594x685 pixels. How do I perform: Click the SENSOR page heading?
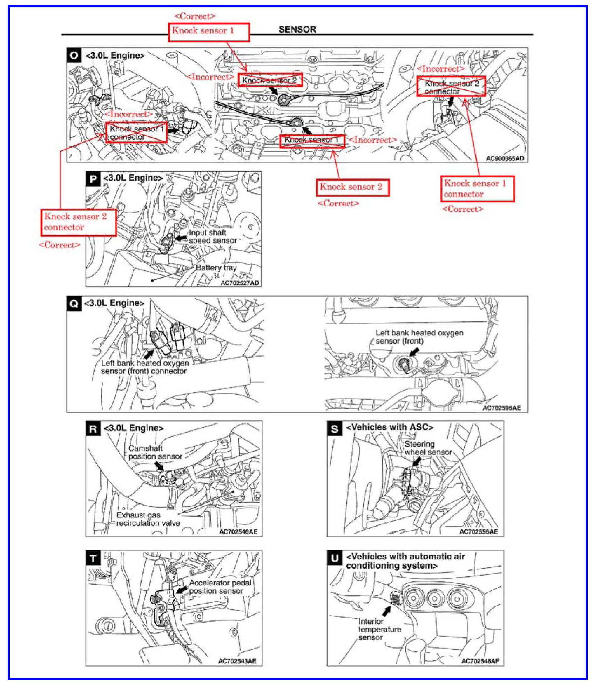click(297, 29)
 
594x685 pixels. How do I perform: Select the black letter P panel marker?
click(93, 179)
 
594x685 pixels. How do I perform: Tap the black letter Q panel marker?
click(74, 303)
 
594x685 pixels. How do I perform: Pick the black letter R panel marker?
click(93, 428)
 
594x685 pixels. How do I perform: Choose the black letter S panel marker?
click(335, 428)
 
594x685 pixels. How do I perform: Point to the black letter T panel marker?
click(93, 558)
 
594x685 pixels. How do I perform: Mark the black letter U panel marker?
click(335, 558)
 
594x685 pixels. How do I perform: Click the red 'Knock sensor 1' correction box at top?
click(209, 32)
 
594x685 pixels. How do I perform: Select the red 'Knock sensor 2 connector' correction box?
click(79, 222)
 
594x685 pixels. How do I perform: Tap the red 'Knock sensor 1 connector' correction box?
click(478, 189)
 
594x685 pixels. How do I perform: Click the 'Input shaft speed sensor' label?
click(212, 237)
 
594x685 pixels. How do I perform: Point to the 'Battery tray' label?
click(216, 267)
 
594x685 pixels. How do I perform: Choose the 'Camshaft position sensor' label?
click(155, 452)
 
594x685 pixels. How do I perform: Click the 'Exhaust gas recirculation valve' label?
click(148, 519)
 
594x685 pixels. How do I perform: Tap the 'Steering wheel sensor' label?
click(428, 448)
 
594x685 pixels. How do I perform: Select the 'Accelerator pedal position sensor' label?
click(220, 587)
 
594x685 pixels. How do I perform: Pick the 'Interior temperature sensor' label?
click(379, 629)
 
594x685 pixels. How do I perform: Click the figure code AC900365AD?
click(505, 158)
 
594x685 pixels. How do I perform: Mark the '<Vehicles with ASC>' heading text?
click(390, 427)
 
